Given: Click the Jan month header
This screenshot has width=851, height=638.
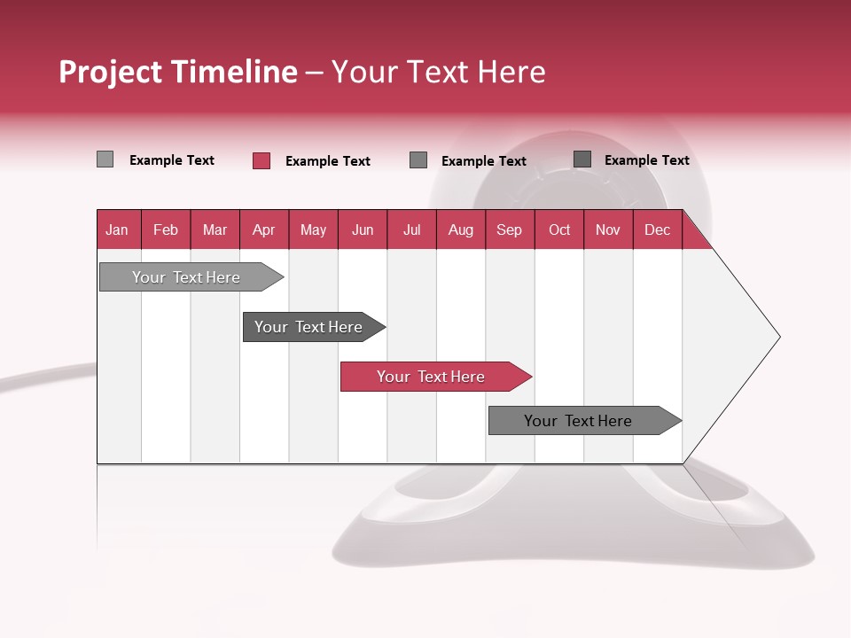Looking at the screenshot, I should (117, 230).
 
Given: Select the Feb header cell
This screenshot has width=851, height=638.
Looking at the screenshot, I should (166, 230).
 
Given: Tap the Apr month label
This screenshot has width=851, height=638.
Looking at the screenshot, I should (263, 230).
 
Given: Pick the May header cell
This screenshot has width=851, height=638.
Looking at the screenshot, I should (313, 230).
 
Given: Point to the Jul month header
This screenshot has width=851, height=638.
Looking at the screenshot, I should (411, 230).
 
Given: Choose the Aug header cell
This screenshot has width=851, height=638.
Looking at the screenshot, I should (461, 230).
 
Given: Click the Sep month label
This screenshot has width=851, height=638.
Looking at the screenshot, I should (509, 230).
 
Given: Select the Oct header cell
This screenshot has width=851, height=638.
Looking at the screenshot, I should (559, 230).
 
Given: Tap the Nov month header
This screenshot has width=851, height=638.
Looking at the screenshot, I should (608, 230).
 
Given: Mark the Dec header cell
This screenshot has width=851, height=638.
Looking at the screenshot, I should (657, 230).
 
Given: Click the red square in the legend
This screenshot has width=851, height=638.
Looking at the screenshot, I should (262, 160).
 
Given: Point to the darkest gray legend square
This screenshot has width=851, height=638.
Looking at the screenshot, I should (582, 159).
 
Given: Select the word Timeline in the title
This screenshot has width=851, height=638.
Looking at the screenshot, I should (234, 72).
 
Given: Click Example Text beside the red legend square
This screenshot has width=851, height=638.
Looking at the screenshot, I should (328, 161).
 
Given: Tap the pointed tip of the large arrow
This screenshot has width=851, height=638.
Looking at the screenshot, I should (777, 337).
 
